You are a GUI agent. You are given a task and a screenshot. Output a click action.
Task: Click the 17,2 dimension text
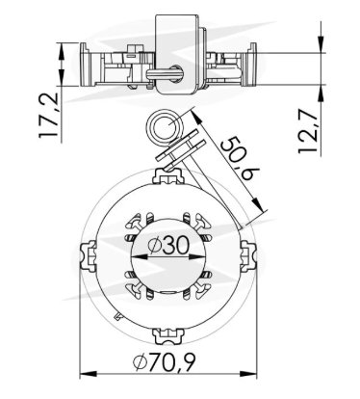49,116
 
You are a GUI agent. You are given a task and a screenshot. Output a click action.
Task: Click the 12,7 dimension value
308,131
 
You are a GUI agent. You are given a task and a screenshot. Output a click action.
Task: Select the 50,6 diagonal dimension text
240,158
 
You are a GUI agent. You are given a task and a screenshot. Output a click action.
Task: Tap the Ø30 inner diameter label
169,247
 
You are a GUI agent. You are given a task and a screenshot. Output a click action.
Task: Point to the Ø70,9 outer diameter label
165,361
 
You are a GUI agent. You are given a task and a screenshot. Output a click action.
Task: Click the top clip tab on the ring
168,176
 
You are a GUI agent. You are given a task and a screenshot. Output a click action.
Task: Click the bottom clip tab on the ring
168,336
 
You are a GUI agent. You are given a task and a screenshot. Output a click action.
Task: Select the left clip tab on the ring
88,256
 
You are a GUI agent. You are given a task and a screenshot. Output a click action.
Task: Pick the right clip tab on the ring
248,256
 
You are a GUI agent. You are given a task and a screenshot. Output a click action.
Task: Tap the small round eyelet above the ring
165,127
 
